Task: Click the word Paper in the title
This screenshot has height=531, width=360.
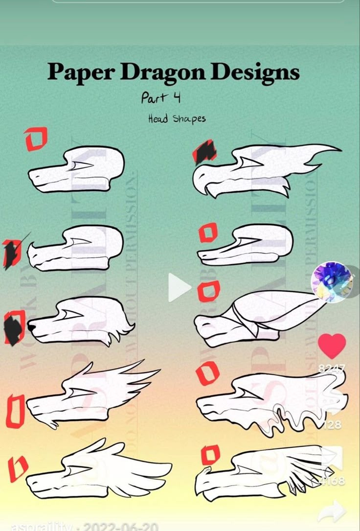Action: (x=81, y=73)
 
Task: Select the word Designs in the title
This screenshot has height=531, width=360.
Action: (x=255, y=73)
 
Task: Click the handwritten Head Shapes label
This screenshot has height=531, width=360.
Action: (x=177, y=119)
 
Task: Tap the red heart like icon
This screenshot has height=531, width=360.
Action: (x=332, y=346)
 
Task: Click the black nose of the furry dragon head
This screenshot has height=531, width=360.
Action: (x=31, y=326)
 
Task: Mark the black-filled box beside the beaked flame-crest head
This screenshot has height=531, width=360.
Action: (x=204, y=152)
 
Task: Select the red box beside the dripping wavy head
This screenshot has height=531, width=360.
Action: (x=208, y=373)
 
